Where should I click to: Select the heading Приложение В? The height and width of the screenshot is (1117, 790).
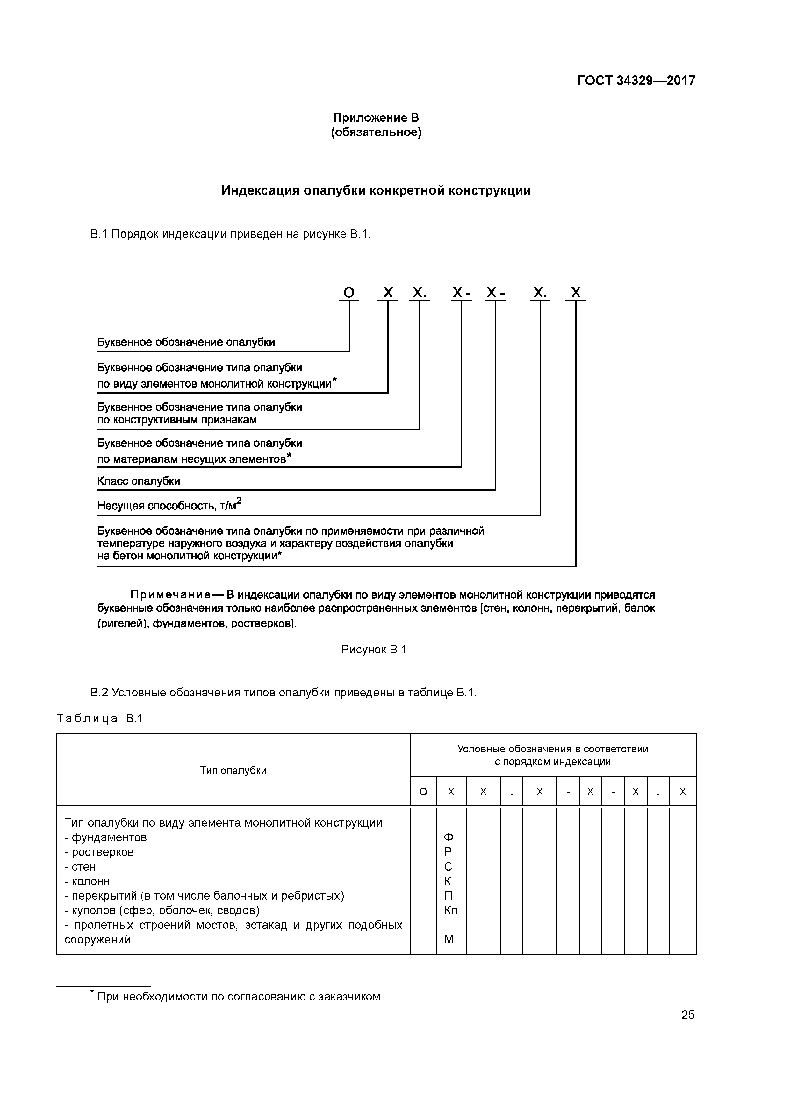[x=376, y=118]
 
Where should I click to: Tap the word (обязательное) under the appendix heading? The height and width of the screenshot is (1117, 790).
[x=376, y=132]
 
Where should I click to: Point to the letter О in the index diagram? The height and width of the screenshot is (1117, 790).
[x=349, y=293]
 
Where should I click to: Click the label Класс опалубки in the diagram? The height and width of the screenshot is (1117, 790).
[x=139, y=481]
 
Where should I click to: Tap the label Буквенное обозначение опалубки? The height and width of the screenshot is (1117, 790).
[x=186, y=342]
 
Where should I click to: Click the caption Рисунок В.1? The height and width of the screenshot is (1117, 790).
[x=374, y=650]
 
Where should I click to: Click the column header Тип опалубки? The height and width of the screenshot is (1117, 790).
[x=233, y=770]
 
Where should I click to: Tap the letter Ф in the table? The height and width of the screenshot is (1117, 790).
[x=448, y=837]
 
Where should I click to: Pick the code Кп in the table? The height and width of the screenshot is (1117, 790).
[x=450, y=910]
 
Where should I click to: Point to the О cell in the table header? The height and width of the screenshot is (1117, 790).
[x=423, y=792]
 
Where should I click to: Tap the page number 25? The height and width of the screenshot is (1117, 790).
[x=687, y=1015]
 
